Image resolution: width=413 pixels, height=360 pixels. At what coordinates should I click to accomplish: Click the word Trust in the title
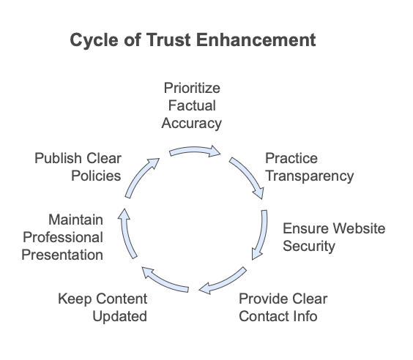(x=168, y=40)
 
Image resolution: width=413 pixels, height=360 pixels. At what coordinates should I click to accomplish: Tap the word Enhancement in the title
(x=256, y=40)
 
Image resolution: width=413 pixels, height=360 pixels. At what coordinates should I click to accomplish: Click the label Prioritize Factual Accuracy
(x=192, y=106)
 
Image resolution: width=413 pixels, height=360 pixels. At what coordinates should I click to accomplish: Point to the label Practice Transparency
(x=310, y=167)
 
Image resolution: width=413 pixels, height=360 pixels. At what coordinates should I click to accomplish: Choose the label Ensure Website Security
(x=334, y=237)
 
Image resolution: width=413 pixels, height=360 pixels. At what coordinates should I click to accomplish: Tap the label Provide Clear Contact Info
(x=283, y=307)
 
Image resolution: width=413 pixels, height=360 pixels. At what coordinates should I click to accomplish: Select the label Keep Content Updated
(x=103, y=307)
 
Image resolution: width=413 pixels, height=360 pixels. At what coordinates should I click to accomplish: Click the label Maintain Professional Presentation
(x=62, y=237)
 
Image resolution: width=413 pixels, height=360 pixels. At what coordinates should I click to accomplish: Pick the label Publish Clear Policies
(x=78, y=167)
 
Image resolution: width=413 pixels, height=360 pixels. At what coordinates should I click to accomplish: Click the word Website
(x=359, y=228)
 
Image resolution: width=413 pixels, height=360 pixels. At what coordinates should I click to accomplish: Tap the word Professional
(x=63, y=237)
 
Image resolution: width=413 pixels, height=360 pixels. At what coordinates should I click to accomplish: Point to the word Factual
(x=192, y=106)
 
